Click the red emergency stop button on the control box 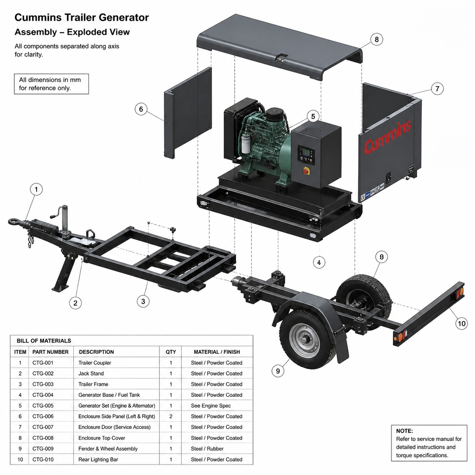306,171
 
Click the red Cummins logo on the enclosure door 387,137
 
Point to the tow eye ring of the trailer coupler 14,222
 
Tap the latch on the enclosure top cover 282,57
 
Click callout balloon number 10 461,323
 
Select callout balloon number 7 437,89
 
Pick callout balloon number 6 141,109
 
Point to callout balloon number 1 36,190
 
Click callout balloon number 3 143,301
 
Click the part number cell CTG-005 43,406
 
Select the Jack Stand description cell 91,374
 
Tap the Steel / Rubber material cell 207,449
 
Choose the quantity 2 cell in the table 171,417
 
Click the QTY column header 171,352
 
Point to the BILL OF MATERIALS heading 44,341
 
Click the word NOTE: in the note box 404,431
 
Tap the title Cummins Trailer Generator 82,18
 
